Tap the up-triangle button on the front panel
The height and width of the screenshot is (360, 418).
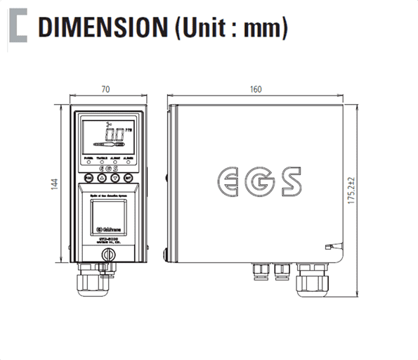click(105, 177)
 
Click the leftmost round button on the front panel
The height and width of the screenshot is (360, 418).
click(89, 177)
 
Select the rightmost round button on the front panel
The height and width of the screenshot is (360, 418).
click(128, 177)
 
